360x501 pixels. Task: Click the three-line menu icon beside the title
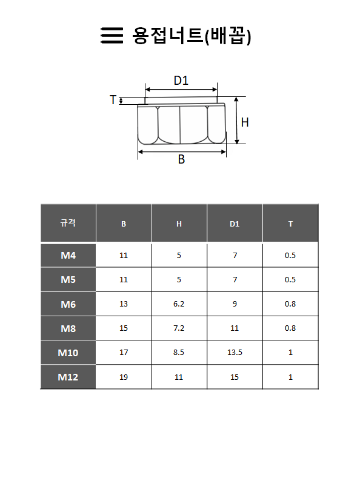111,36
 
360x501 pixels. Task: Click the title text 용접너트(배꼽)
192,36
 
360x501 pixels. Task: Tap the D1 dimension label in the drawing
181,81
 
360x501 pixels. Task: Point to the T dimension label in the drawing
113,100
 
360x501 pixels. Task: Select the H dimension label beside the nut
245,122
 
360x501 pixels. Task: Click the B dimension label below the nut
181,160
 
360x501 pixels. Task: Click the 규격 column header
68,223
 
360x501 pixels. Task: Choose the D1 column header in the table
235,224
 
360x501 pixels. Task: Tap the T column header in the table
290,224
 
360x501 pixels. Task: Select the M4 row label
68,255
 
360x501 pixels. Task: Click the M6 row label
68,304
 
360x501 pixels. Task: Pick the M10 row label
68,353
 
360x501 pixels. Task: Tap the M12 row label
68,377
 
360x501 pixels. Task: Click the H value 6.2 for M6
179,304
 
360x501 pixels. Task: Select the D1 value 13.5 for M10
235,353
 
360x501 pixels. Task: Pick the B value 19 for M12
124,377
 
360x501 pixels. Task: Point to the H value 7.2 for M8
179,328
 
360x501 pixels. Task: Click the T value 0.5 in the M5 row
290,280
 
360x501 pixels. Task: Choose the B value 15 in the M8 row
124,328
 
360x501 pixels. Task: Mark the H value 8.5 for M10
179,353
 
